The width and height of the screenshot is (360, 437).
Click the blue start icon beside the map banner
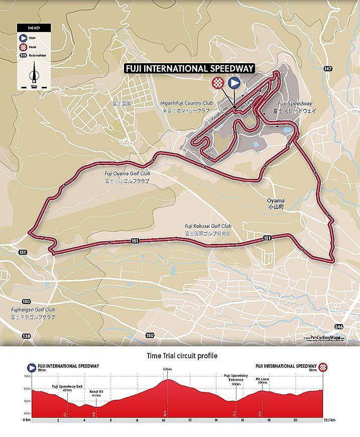tap(233, 83)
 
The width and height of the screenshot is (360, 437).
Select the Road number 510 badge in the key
tap(23, 55)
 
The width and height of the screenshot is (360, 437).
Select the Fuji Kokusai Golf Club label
tap(207, 230)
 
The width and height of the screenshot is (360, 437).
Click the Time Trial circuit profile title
tap(182, 356)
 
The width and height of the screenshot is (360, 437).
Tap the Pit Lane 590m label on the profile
tap(262, 381)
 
